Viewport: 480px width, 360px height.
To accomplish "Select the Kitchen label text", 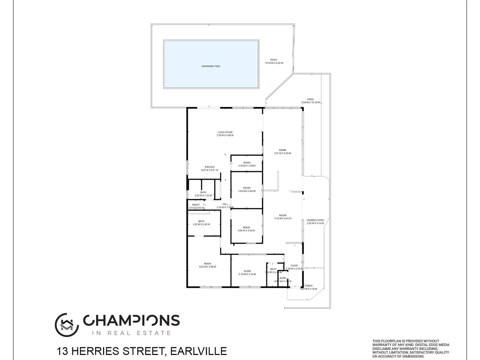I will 209,167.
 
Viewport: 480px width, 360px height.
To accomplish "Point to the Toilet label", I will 196,205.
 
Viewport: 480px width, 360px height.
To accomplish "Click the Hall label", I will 225,204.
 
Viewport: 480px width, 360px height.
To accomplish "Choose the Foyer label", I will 294,266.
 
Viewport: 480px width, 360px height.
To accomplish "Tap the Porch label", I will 308,286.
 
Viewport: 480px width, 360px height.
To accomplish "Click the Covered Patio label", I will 315,220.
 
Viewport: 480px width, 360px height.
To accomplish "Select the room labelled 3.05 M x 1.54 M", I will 247,164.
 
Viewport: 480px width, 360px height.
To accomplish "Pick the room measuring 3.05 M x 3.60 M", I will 247,189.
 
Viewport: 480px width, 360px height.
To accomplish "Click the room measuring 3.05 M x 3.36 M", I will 246,229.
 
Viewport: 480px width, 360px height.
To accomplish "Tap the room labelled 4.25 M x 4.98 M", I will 207,265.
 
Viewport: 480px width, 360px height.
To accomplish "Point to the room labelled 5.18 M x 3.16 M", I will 247,273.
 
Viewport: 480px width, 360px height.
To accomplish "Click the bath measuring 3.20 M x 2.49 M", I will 201,223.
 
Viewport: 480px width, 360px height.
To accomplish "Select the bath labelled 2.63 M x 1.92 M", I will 203,194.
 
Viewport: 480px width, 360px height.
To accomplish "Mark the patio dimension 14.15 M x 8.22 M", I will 274,63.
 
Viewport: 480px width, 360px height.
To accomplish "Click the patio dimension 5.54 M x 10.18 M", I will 310,102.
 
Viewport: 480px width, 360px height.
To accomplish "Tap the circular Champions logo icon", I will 67,325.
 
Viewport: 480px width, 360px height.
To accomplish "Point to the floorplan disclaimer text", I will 411,349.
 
